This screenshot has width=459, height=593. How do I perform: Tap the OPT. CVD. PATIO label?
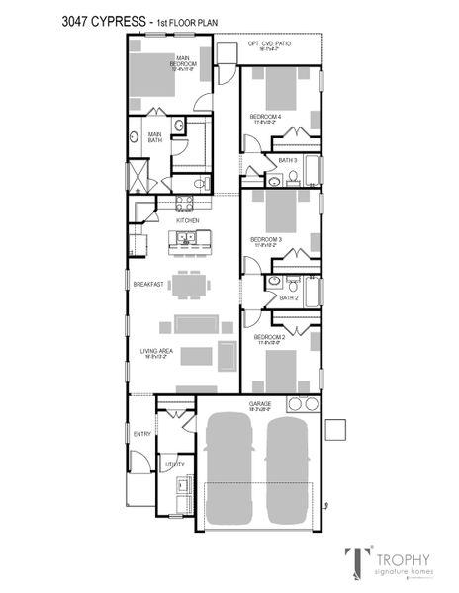pyautogui.click(x=269, y=44)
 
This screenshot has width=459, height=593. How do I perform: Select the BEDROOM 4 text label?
pyautogui.click(x=265, y=117)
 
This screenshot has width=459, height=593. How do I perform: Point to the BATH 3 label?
pyautogui.click(x=287, y=159)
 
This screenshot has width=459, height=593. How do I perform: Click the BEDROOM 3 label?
pyautogui.click(x=266, y=239)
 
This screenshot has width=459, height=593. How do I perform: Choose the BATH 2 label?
pyautogui.click(x=288, y=296)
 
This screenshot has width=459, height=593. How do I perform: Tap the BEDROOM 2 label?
pyautogui.click(x=269, y=337)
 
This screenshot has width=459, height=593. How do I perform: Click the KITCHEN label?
pyautogui.click(x=188, y=220)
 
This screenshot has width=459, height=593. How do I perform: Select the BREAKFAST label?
pyautogui.click(x=148, y=284)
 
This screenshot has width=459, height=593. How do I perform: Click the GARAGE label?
pyautogui.click(x=260, y=404)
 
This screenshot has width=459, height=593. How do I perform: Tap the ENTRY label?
pyautogui.click(x=142, y=433)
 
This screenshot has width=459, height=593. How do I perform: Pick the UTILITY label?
pyautogui.click(x=175, y=463)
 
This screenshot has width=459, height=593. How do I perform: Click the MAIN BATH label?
pyautogui.click(x=155, y=136)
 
